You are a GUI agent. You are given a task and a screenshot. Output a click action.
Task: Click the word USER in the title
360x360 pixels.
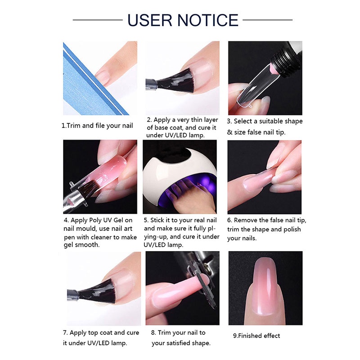click(150, 20)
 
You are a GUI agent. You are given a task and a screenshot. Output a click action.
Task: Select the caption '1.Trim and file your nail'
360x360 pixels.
click(97, 126)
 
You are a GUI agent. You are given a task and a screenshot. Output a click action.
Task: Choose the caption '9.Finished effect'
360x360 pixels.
click(256, 336)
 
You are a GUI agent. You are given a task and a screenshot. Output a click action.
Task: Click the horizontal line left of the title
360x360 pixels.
click(98, 20)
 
